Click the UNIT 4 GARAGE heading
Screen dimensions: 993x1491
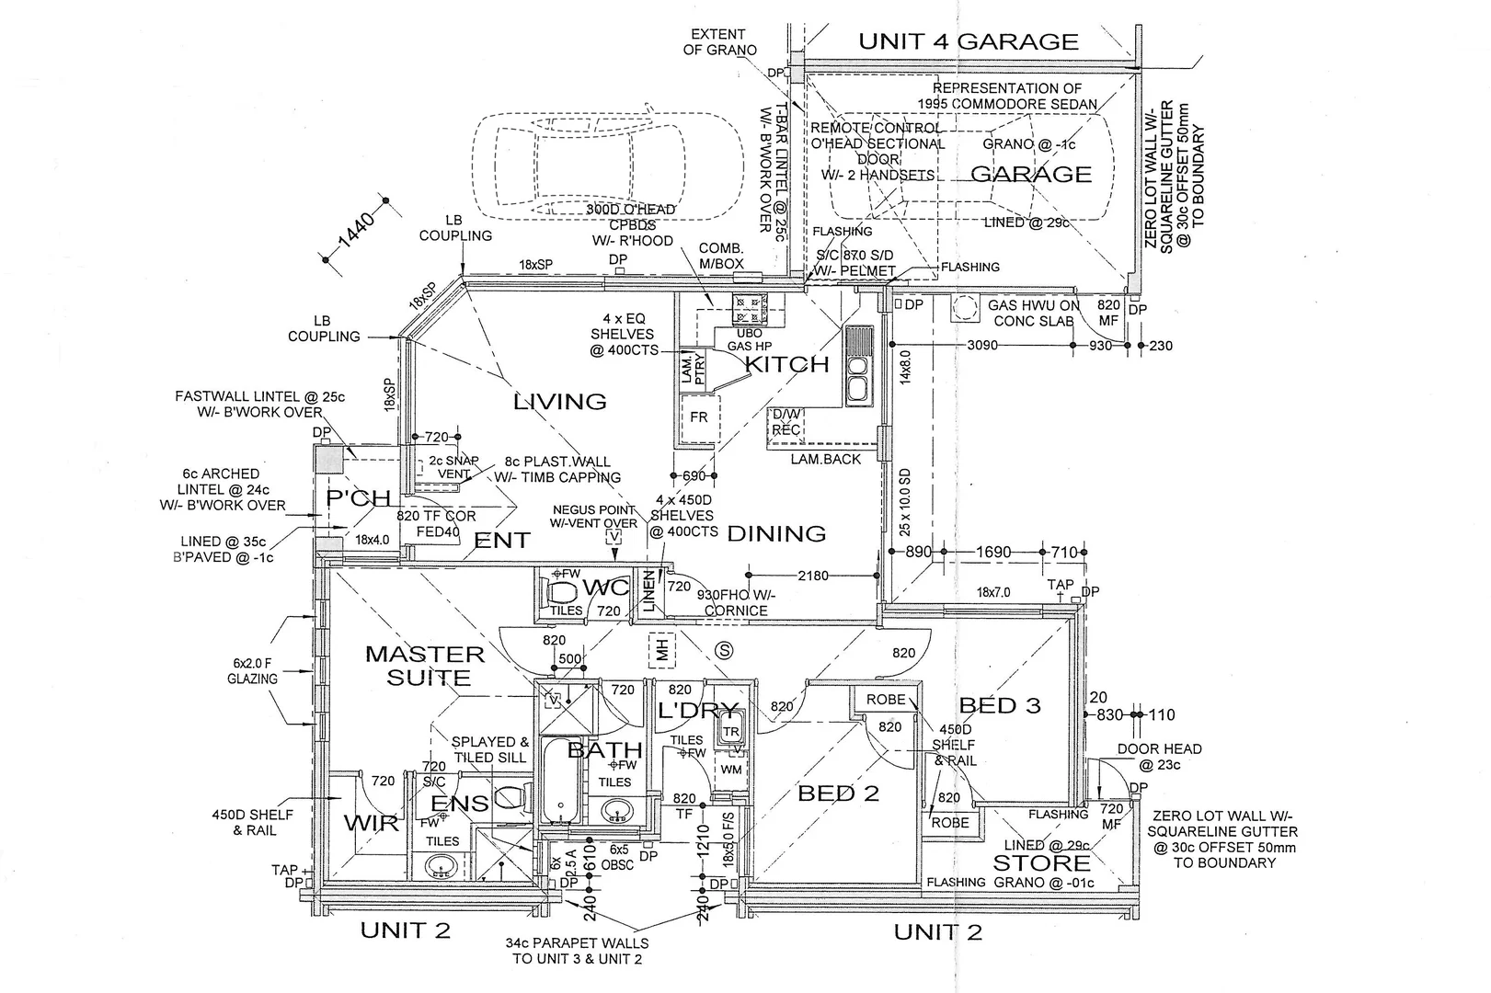(x=969, y=41)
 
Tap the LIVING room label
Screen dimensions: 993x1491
(x=559, y=402)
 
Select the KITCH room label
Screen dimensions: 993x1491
(x=787, y=364)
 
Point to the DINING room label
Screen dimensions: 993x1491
(x=776, y=533)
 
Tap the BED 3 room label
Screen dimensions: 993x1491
(x=1000, y=706)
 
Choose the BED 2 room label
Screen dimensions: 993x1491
(x=838, y=793)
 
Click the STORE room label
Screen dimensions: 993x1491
(x=1041, y=862)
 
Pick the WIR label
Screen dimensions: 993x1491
(x=373, y=821)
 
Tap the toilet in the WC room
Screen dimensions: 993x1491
(x=560, y=589)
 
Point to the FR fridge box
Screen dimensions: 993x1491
(x=699, y=417)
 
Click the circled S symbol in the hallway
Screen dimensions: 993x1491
(x=725, y=651)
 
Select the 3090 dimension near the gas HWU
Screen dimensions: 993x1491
(x=983, y=346)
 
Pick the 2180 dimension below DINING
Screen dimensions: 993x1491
(x=812, y=576)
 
